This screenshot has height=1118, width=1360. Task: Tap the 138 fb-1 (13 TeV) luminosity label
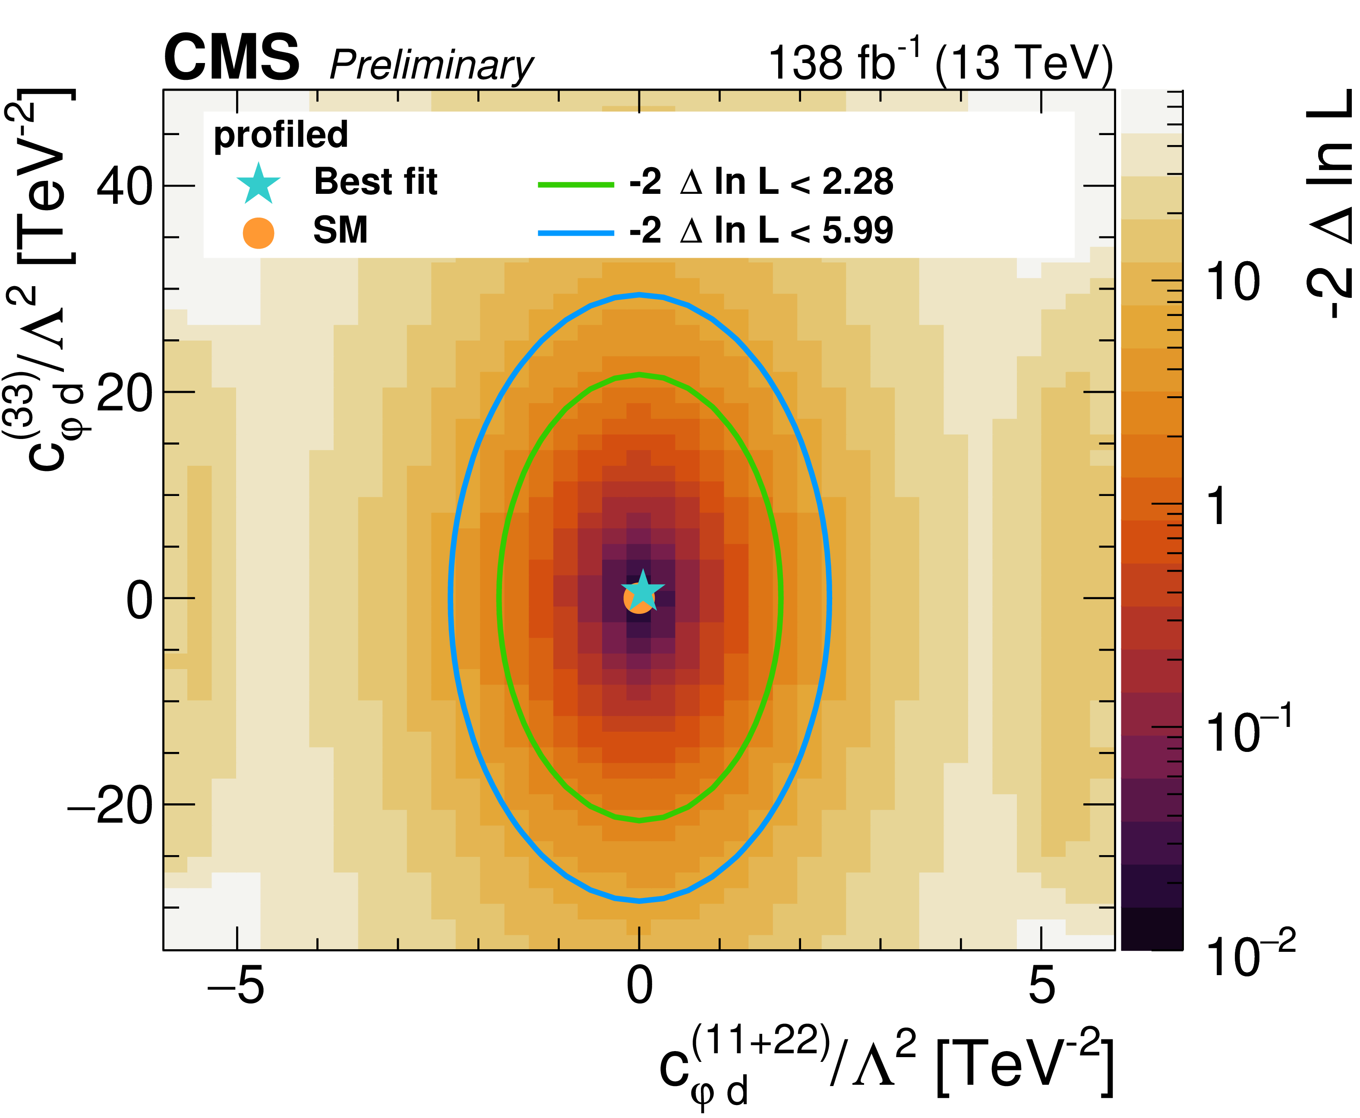[940, 63]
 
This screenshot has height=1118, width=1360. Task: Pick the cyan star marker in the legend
[258, 183]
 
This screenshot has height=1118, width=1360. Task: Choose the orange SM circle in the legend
[258, 233]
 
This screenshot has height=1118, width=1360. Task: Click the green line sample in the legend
[576, 185]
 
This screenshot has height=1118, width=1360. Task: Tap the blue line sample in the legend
[576, 233]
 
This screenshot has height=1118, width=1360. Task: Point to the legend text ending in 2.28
[761, 182]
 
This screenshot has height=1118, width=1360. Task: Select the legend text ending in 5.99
[761, 231]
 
